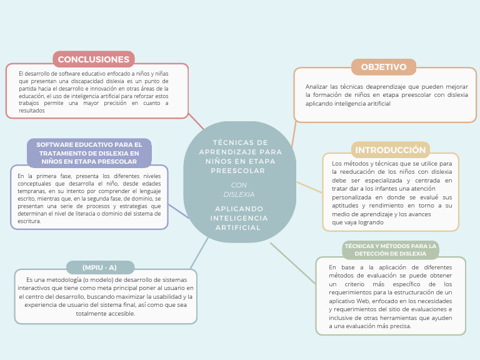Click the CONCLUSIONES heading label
pyautogui.click(x=94, y=59)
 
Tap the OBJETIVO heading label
pyautogui.click(x=384, y=67)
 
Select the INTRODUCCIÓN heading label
pyautogui.click(x=391, y=150)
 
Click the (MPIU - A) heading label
pyautogui.click(x=99, y=267)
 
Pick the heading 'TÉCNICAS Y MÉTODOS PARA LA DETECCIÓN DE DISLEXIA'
pyautogui.click(x=391, y=250)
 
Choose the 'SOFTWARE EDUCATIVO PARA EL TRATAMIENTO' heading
pyautogui.click(x=89, y=153)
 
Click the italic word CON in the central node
pyautogui.click(x=239, y=185)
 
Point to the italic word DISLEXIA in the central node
pyautogui.click(x=239, y=194)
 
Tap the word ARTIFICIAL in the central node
pyautogui.click(x=238, y=227)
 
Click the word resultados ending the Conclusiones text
pyautogui.click(x=32, y=111)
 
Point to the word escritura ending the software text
pyautogui.click(x=29, y=221)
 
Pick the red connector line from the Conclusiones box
pyautogui.click(x=196, y=122)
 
